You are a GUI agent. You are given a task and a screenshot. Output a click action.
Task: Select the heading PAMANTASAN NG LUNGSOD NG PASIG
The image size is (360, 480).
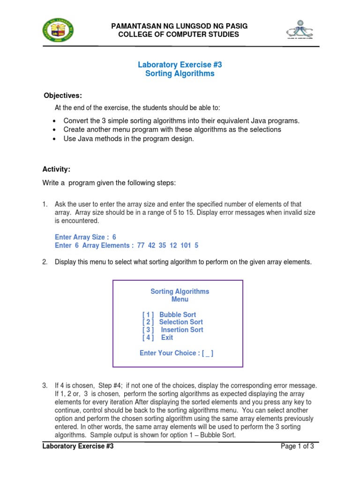179,26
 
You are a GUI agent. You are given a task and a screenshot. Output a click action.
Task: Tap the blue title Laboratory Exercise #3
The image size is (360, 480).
179,65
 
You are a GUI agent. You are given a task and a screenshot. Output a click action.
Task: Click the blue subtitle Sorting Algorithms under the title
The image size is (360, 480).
179,74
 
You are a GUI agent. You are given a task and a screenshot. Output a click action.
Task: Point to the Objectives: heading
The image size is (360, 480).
62,96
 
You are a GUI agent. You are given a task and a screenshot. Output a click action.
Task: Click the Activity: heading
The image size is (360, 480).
57,169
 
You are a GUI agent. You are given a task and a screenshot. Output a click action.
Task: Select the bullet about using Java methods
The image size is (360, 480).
128,139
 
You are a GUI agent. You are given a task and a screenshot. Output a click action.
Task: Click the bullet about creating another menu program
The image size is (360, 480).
172,129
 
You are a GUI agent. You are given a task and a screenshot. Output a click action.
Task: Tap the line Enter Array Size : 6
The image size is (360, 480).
85,237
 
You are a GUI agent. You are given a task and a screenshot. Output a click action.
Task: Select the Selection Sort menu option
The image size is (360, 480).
180,322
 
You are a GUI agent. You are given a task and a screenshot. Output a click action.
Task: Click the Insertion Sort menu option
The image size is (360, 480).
182,330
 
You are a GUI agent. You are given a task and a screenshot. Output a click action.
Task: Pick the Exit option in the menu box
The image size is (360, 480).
167,337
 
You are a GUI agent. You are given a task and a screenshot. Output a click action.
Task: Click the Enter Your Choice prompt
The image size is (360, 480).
177,353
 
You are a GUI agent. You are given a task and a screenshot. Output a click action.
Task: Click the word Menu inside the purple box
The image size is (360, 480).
180,299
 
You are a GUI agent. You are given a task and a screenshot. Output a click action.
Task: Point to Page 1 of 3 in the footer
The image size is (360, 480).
297,446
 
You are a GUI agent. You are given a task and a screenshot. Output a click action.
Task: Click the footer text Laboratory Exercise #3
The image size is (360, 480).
78,446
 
